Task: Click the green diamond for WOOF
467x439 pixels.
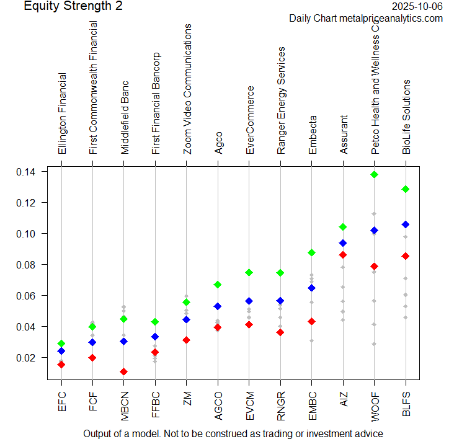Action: click(x=374, y=175)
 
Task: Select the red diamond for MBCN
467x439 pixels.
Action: click(x=124, y=372)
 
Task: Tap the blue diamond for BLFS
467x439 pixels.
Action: click(x=406, y=224)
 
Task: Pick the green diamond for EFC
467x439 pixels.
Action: click(x=61, y=344)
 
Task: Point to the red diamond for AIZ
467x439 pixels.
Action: click(x=343, y=255)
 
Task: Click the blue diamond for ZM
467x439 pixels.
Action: click(x=186, y=320)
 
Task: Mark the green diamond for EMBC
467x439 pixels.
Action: click(x=312, y=253)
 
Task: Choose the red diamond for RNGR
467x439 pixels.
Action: click(x=280, y=332)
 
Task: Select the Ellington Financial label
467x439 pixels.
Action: click(x=62, y=115)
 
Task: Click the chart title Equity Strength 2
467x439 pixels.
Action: click(x=73, y=7)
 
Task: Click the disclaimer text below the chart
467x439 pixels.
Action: click(x=233, y=433)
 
